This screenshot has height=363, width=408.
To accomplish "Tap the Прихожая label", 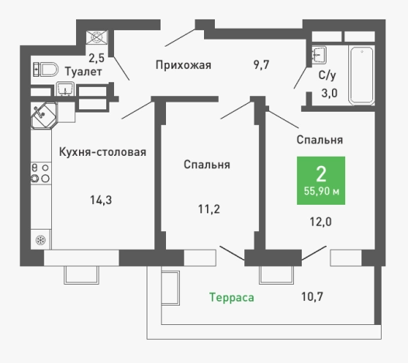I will (182, 64).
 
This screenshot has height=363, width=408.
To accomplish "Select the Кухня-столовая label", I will (102, 152).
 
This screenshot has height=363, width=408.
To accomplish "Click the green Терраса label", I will (233, 297).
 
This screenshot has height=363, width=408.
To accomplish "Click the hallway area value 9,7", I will (261, 64).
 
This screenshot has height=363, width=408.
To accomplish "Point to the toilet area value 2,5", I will (95, 57).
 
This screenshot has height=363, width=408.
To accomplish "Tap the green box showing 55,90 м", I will (320, 181).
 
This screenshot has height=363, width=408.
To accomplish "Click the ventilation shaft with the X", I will (98, 37).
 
